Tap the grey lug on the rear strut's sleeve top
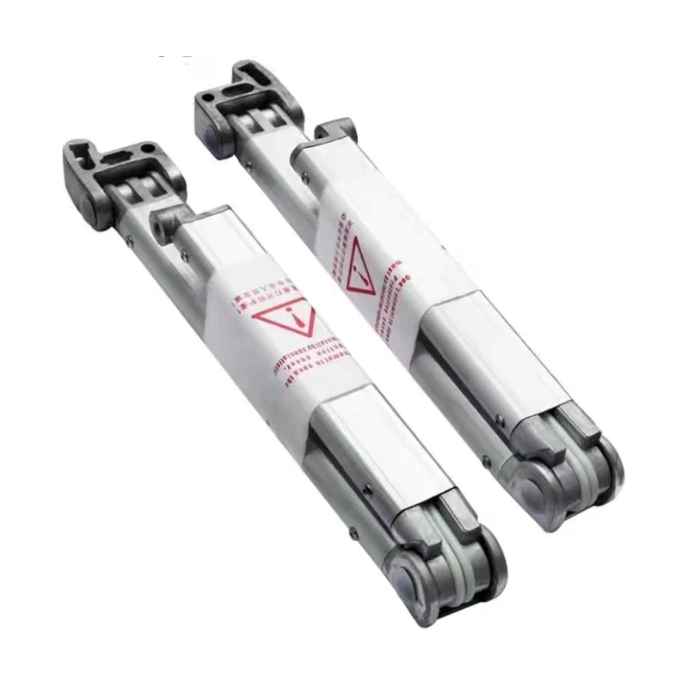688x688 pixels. coord(335,130)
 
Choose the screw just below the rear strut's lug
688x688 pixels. coord(305,177)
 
